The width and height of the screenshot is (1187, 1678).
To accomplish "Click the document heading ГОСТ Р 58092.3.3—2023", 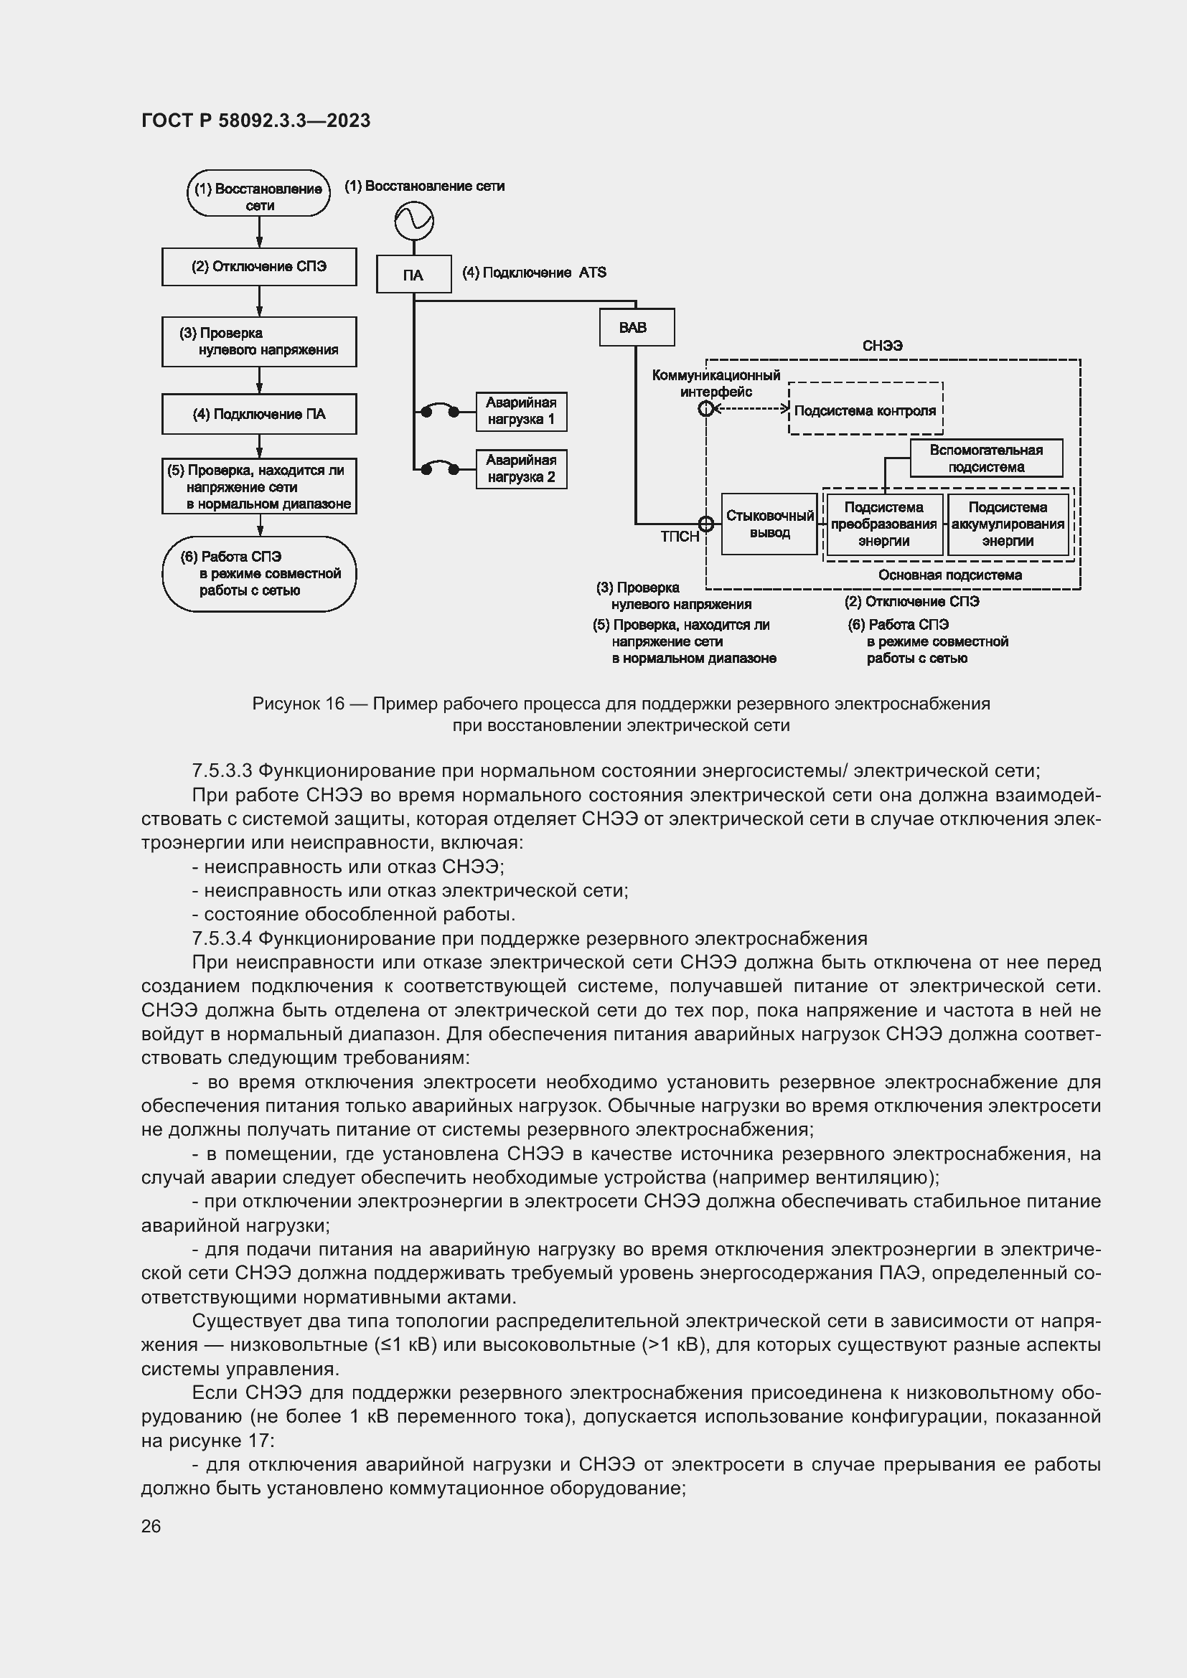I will [255, 121].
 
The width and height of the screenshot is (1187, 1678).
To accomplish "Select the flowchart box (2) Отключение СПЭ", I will [259, 267].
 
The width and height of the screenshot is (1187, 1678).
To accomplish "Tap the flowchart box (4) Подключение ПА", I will [259, 415].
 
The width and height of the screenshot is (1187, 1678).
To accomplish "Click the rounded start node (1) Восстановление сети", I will [258, 194].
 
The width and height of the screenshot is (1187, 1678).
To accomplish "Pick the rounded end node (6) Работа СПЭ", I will [259, 574].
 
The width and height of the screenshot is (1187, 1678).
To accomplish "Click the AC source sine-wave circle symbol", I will [413, 221].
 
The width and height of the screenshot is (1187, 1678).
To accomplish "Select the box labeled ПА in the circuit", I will [413, 275].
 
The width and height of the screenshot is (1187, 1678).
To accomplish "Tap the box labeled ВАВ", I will [636, 327].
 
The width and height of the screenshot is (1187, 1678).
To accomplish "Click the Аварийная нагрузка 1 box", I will [521, 412].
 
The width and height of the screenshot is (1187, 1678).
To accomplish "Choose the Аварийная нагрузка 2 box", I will [521, 469].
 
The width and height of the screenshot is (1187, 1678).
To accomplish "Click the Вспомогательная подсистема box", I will [986, 458].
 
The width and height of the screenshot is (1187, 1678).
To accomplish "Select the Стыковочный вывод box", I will [769, 524].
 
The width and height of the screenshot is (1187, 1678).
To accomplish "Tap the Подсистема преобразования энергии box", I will [883, 524].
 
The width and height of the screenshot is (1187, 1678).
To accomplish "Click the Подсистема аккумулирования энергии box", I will [1008, 524].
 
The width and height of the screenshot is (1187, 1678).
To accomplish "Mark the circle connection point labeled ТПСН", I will [706, 524].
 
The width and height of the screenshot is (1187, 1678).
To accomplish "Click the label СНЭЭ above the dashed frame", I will [882, 347].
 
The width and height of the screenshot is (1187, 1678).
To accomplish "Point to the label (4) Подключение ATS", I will [535, 273].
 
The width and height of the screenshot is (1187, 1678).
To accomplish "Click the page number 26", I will [151, 1526].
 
